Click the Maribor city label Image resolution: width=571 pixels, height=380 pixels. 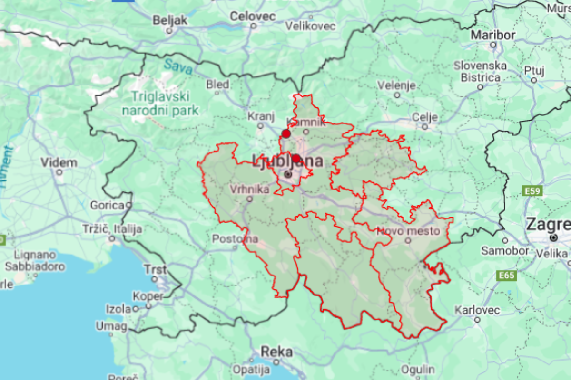(493, 35)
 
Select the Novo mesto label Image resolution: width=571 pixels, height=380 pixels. (407, 231)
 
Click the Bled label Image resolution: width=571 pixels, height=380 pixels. (217, 85)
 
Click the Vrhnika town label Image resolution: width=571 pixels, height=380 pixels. (249, 189)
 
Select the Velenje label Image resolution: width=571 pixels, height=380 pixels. (396, 85)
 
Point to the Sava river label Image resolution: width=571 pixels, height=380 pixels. (177, 67)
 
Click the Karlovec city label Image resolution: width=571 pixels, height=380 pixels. (477, 310)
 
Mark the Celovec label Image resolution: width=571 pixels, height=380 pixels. (252, 17)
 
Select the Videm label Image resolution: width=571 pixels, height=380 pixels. (59, 162)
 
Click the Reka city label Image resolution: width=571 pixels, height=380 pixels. (276, 352)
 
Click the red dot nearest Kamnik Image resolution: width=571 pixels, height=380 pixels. (286, 133)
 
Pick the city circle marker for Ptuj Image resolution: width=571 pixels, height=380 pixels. (534, 80)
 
